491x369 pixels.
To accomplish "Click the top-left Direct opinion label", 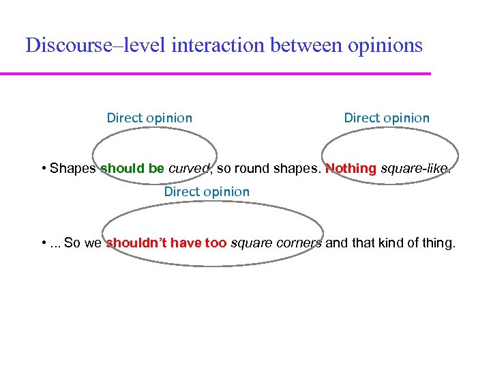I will (149, 118).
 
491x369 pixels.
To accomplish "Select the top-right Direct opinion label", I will (387, 118).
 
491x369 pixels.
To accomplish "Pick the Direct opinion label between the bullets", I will (207, 192).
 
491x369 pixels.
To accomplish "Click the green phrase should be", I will (132, 169).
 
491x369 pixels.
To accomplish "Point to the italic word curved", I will (188, 169).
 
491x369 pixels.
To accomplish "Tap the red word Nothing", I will (351, 169).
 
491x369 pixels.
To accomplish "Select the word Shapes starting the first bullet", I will (73, 169).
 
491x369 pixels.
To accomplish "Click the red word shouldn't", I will (140, 243).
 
